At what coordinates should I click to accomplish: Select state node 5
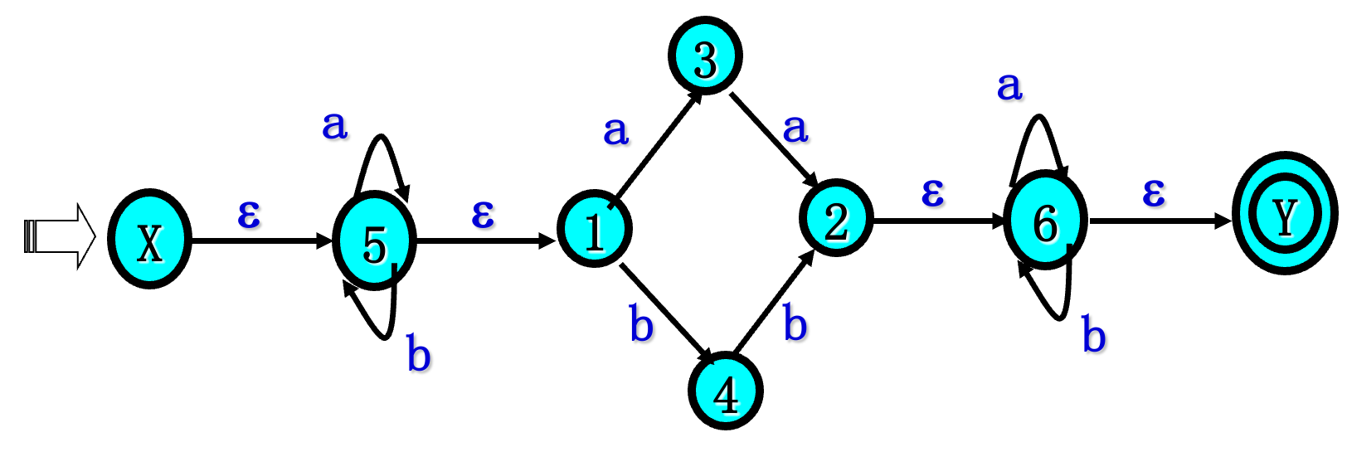374,241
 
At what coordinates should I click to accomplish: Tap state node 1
595,230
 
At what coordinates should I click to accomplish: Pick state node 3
705,56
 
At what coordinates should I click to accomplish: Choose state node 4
726,391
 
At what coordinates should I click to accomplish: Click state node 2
836,218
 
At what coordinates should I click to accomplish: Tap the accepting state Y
1285,214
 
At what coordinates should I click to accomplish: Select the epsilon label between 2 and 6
932,192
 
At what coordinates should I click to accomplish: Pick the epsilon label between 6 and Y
1154,192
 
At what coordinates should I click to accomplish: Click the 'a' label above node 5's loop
334,124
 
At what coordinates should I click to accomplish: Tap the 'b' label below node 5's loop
419,354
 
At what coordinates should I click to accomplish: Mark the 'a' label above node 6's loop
1009,85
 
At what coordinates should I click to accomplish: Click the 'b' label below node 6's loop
1094,335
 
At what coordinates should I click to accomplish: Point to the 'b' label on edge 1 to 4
641,323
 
